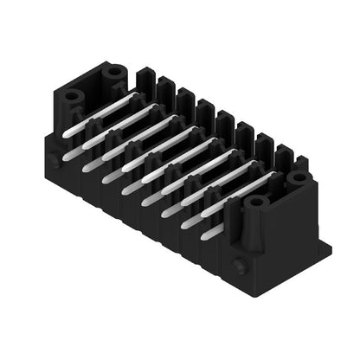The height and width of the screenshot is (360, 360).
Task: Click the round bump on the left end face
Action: point(55,161)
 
